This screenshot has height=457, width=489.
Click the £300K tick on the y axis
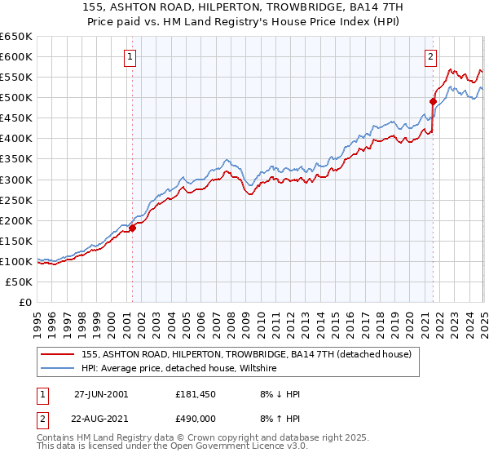16,180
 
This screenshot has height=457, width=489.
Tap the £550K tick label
16,77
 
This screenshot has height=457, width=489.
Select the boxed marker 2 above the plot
430,56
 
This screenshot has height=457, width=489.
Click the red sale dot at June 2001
133,228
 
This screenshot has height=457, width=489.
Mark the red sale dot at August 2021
433,101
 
